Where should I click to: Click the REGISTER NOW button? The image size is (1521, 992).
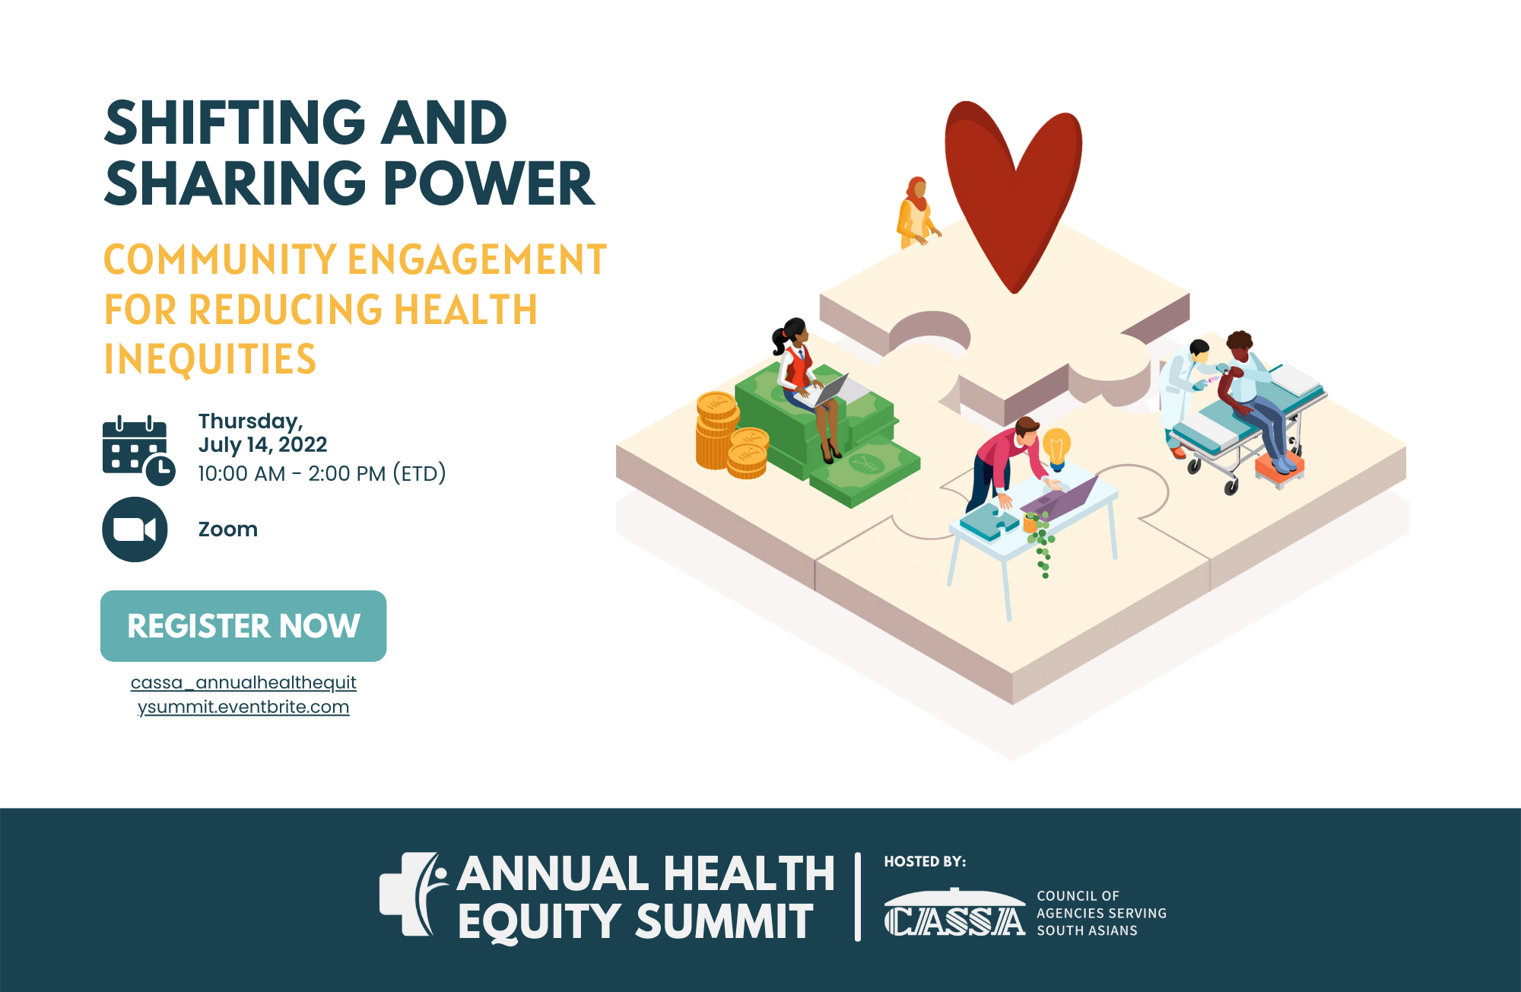click(x=243, y=625)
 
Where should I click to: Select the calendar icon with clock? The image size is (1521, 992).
click(x=138, y=450)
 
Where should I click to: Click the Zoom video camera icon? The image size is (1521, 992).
click(x=135, y=529)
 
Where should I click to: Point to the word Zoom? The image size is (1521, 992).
click(x=228, y=529)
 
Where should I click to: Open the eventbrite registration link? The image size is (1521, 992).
click(x=243, y=695)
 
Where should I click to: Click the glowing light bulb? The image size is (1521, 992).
click(x=1056, y=448)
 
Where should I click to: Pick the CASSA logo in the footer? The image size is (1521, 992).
click(x=955, y=913)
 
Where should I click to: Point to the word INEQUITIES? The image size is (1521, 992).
click(x=210, y=360)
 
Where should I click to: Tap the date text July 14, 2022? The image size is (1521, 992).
click(x=263, y=445)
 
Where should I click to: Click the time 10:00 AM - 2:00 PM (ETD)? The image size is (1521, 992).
click(x=322, y=474)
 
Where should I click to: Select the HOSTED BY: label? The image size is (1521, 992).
click(x=925, y=862)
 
